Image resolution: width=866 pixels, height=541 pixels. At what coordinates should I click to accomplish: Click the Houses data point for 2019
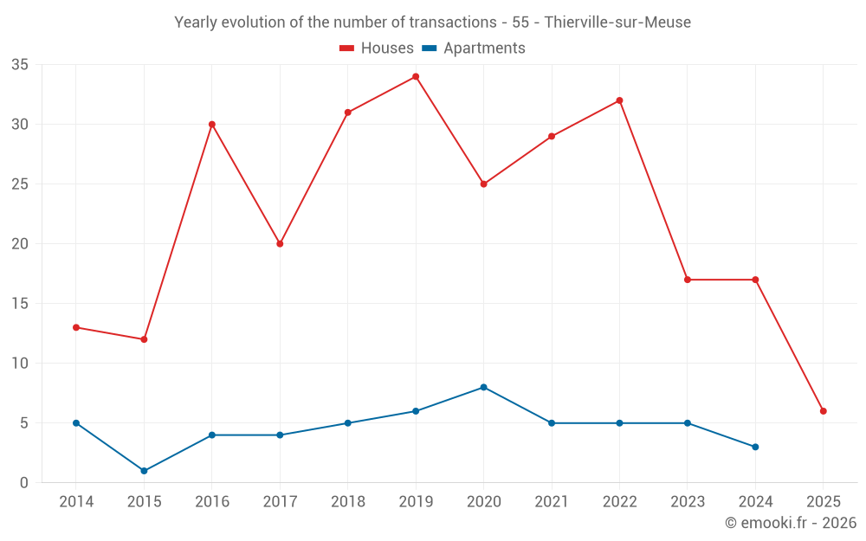416,76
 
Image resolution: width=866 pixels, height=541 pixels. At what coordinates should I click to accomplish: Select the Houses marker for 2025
824,411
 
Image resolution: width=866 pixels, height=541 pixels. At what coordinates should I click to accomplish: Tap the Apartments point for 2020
484,387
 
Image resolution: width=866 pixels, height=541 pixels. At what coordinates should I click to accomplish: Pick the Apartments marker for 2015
144,471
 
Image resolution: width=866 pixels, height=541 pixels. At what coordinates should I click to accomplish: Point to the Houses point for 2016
212,124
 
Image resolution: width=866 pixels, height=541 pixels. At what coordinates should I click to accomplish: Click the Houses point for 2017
280,243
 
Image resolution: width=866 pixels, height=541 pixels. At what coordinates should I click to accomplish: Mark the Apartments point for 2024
755,447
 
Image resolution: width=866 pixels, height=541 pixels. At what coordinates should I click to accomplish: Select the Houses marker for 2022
619,100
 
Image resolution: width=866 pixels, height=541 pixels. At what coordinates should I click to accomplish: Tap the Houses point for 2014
76,327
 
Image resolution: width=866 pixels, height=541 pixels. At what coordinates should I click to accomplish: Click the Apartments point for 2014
76,423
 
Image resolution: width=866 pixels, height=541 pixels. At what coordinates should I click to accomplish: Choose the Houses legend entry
377,48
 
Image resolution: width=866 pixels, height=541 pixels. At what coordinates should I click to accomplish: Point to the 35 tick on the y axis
20,65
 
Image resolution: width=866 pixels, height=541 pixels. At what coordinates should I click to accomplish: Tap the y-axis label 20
20,244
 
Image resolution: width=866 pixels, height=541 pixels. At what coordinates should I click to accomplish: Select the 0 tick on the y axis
24,483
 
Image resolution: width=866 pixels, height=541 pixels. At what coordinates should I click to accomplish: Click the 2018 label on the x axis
347,502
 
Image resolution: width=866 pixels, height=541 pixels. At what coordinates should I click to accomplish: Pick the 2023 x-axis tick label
688,502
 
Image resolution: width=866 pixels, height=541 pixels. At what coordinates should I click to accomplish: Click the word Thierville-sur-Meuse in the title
617,23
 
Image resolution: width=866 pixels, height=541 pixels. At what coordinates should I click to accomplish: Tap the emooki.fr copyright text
791,523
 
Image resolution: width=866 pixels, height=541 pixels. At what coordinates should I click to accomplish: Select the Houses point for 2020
484,184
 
